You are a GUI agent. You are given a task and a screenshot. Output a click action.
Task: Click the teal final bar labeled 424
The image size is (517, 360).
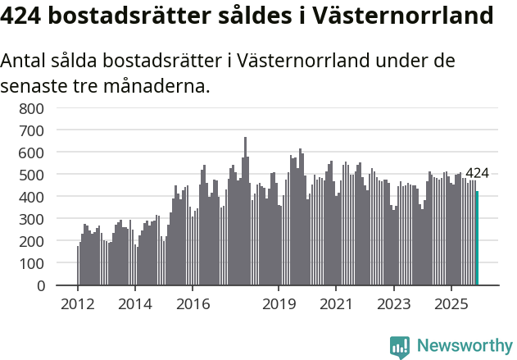coord(477,239)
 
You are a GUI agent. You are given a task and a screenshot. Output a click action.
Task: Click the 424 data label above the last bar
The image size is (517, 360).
coord(477,173)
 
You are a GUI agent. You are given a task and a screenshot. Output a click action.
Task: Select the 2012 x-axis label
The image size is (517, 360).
coord(78,303)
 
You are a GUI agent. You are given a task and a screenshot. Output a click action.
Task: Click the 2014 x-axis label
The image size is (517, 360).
coord(135,303)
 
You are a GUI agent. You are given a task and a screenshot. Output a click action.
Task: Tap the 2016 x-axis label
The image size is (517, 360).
coord(193,303)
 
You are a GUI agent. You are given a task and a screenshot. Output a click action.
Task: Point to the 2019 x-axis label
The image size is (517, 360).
coord(279,303)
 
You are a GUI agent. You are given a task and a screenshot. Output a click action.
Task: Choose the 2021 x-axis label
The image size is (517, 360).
coord(336,303)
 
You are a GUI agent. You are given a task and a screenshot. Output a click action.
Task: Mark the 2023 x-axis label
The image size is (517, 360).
coord(393,303)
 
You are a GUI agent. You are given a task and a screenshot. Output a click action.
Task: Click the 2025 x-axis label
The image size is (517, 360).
coord(451,303)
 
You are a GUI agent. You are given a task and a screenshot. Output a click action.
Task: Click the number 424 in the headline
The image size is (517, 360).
coord(26,16)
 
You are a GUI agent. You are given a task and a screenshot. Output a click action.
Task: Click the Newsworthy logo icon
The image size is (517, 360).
coord(400,347)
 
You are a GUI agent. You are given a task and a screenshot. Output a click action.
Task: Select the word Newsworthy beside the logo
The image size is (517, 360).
coord(464,346)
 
